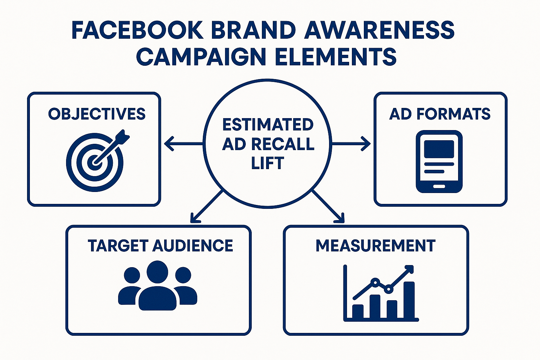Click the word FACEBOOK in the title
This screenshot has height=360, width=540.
coord(137,30)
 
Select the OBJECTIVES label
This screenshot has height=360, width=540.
coord(97,114)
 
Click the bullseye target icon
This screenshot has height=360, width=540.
coord(95,161)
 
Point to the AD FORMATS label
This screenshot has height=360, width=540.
coord(440,114)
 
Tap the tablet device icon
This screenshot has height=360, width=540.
coord(439,161)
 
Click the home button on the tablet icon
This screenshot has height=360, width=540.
coord(439,186)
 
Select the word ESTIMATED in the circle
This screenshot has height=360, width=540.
coord(268,125)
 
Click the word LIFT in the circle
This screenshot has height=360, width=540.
coord(268,163)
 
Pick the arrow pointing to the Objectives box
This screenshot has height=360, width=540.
coord(183,143)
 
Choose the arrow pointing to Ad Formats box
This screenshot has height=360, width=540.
coord(352,143)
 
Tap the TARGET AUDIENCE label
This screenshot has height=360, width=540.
coord(160,245)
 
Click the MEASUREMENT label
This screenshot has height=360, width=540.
coord(375,245)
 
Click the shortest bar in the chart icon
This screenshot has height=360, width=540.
coord(358,311)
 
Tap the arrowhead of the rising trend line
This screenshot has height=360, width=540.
coord(410,269)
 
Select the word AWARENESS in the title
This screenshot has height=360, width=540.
coord(379,30)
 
